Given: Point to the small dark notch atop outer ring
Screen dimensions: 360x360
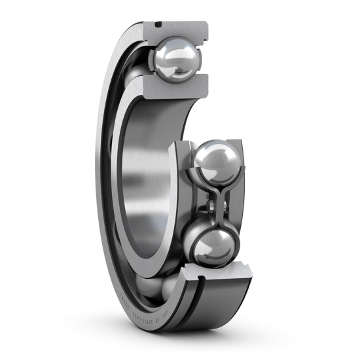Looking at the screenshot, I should (x=158, y=24).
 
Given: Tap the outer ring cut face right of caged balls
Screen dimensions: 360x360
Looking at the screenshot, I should (x=240, y=196).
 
